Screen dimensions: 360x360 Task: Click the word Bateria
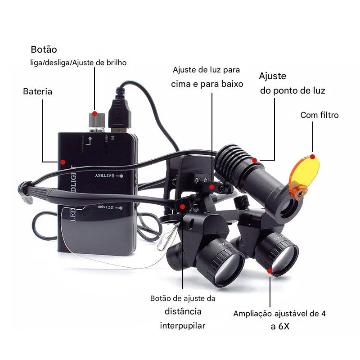(37, 91)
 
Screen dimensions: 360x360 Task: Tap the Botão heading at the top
(44, 49)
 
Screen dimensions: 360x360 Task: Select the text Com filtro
(319, 115)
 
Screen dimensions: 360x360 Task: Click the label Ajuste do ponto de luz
(292, 83)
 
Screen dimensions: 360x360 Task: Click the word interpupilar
(183, 325)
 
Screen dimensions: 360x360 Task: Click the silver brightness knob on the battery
(96, 121)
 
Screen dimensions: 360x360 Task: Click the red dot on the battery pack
(63, 162)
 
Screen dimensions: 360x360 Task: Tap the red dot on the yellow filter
(312, 156)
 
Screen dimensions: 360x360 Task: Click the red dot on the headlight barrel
(255, 159)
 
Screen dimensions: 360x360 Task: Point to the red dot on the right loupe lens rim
(270, 271)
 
